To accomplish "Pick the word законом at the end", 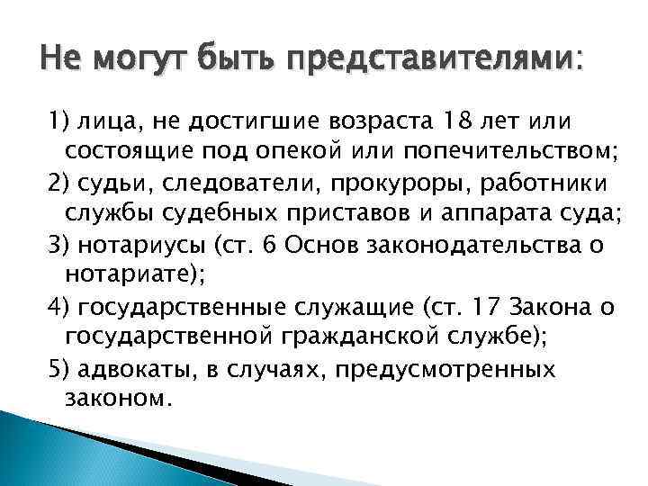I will pyautogui.click(x=116, y=399).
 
